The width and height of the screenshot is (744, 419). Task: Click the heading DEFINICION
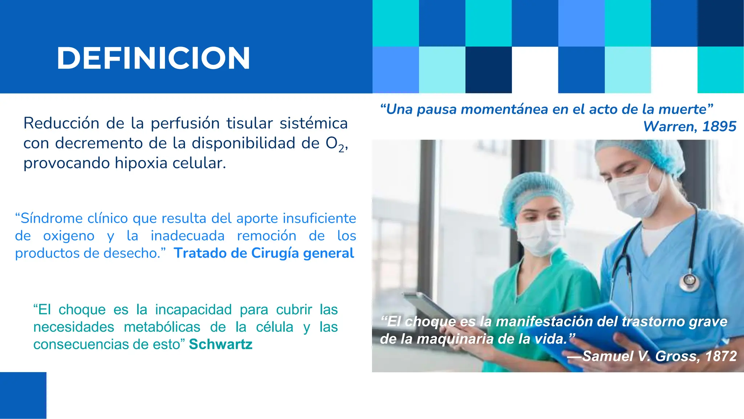pos(153,58)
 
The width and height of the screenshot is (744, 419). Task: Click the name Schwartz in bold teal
pos(221,344)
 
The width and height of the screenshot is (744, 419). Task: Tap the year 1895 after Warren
pos(719,127)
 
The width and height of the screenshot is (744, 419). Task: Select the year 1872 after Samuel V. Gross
pos(721,356)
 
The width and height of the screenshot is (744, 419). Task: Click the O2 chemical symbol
pos(335,144)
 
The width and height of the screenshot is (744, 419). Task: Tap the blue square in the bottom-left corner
pos(23,395)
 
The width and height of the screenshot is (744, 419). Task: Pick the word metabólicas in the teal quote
pos(162,327)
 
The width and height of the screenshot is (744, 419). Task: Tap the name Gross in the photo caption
pos(675,356)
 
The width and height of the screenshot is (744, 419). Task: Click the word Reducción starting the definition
pos(61,123)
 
